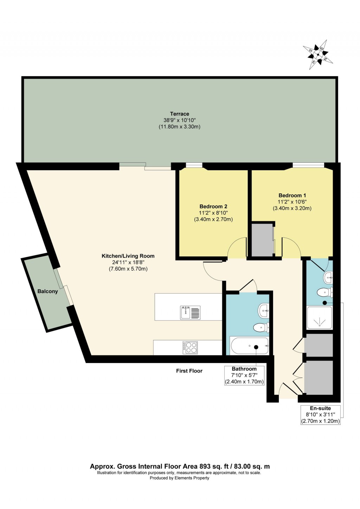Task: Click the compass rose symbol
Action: [318, 55]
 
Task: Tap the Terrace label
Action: [179, 114]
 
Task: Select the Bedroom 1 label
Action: [292, 195]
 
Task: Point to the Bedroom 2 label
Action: [213, 206]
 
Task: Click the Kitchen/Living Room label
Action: [128, 256]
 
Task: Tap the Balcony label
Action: [47, 291]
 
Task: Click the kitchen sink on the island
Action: [190, 313]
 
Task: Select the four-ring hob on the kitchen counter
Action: [190, 348]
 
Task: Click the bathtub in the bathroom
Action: [250, 347]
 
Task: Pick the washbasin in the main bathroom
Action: [264, 310]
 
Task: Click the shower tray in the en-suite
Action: [319, 318]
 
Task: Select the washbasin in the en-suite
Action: [328, 277]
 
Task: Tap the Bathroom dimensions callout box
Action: [244, 375]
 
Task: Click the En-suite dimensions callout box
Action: [320, 415]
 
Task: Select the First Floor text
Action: [189, 371]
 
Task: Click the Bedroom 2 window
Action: [194, 165]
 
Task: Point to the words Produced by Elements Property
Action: [179, 478]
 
